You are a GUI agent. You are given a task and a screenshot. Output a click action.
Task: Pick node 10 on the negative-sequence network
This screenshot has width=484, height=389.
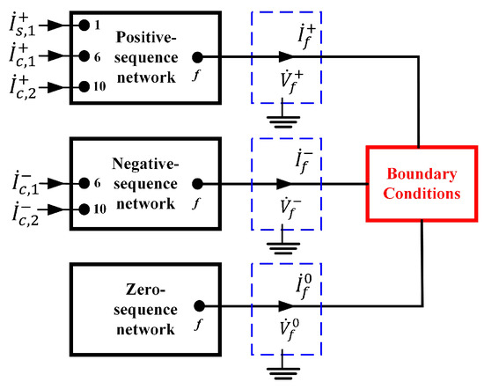(x=83, y=209)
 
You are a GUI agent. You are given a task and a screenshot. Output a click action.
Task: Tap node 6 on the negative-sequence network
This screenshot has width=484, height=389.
(x=83, y=183)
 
